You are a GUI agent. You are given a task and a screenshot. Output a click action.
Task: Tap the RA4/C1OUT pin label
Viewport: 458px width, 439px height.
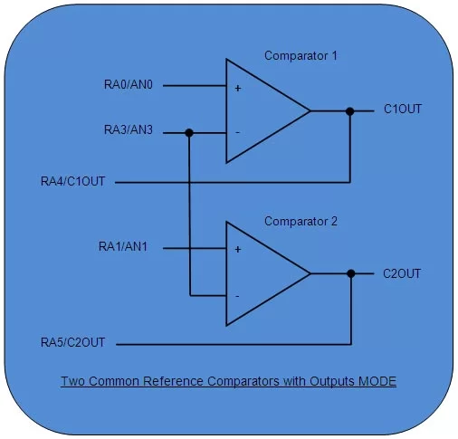pos(73,182)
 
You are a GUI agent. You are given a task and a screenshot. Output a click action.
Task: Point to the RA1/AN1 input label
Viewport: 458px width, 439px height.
pos(129,246)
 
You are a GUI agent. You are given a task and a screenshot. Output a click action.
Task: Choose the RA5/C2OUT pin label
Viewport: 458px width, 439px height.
pos(73,343)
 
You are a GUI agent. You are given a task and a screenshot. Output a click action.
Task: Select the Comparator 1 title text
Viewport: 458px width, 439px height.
pos(301,56)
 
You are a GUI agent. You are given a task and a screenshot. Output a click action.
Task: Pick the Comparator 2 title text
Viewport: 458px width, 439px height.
pos(301,220)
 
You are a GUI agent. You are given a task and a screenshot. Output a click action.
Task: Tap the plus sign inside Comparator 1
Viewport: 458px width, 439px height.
pos(238,89)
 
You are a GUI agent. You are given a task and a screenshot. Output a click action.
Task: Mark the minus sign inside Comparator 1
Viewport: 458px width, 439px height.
pos(238,132)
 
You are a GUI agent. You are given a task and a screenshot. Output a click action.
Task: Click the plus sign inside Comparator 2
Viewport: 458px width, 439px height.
pos(238,250)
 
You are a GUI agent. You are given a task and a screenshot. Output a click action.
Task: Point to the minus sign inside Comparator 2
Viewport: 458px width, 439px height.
pos(238,295)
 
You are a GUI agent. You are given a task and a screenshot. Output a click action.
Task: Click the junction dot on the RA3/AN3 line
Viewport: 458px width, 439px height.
pos(189,132)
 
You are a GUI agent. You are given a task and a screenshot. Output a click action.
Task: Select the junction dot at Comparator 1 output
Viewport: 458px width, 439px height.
pos(350,111)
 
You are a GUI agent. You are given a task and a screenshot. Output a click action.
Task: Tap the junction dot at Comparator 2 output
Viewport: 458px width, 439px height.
pos(350,272)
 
